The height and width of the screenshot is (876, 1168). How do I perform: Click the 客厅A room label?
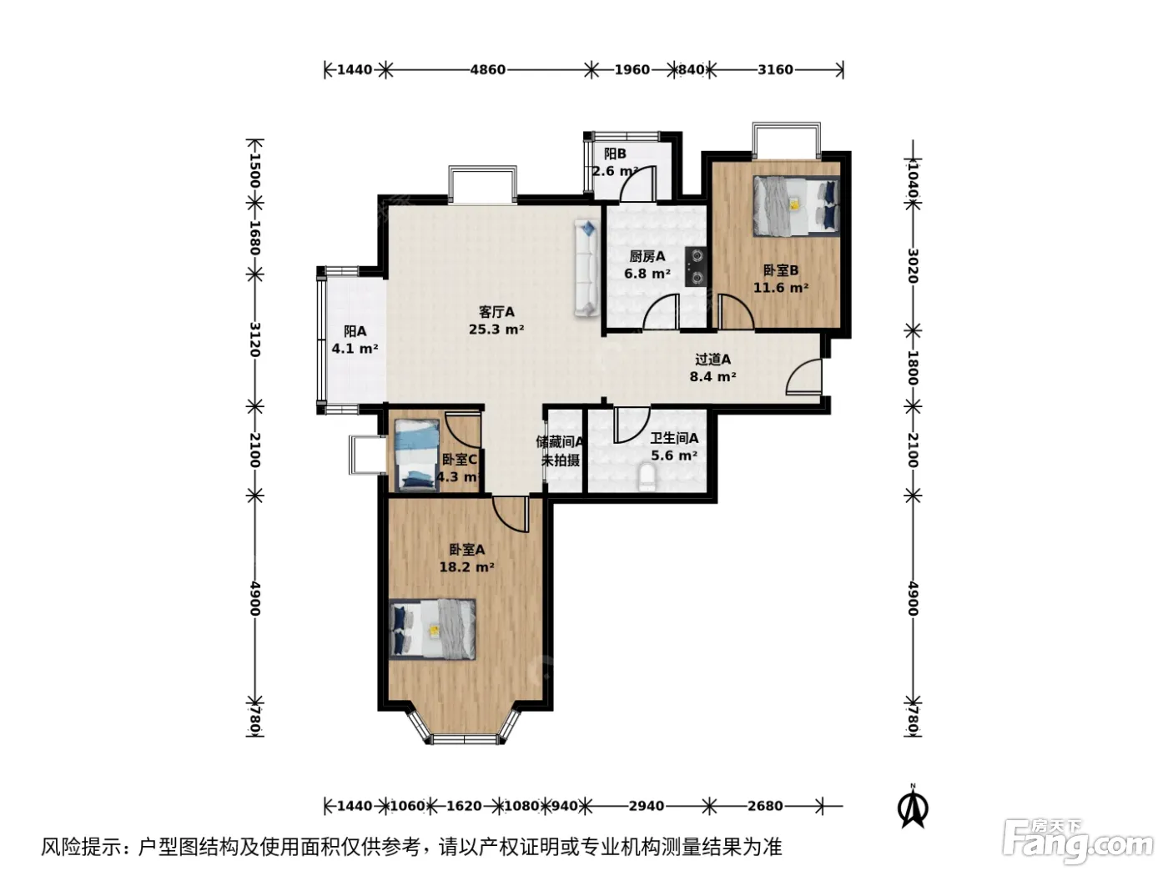coord(496,312)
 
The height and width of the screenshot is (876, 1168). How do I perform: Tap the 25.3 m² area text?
coord(496,330)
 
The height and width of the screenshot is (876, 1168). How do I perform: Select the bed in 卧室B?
coord(796,206)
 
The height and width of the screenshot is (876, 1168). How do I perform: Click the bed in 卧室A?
coord(432,629)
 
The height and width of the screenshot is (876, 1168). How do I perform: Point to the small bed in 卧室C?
coord(416,455)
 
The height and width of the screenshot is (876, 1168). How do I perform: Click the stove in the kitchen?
coord(696,267)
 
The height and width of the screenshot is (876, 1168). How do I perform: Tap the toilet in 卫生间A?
coord(647,477)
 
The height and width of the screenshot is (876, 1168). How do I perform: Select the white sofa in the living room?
coord(587,268)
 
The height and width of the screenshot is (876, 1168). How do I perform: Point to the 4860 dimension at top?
coord(487,70)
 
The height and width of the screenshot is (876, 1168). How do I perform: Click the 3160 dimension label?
coord(775,70)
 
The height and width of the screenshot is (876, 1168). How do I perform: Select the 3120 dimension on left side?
coord(255,340)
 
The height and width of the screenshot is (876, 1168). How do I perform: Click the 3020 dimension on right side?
coord(913,266)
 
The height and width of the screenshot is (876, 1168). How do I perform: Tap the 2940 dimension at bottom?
coord(646,806)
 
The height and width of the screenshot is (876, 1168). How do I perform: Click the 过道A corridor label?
coord(712,359)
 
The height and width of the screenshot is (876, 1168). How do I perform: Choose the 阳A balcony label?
coord(355,331)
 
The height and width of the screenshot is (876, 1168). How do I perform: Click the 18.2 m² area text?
coord(466,567)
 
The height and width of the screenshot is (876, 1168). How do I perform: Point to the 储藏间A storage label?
coord(560,441)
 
